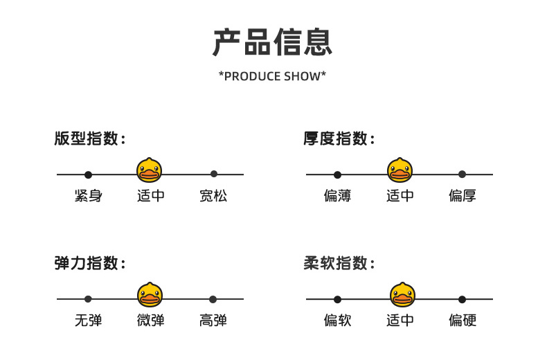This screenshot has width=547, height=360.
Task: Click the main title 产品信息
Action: tap(272, 42)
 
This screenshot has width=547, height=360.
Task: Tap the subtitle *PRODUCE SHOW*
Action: tap(272, 76)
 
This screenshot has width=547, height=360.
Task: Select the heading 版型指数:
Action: tap(90, 138)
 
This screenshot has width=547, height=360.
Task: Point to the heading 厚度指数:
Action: tap(339, 138)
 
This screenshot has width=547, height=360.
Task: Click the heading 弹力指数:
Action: tap(90, 263)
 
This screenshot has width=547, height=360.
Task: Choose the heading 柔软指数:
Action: tap(339, 263)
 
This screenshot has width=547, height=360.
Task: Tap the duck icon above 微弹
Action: tap(150, 294)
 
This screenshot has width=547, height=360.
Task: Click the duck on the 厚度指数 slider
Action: tap(400, 170)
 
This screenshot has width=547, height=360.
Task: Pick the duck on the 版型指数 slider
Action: tap(150, 170)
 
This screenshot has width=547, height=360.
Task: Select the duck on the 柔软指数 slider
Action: tap(402, 294)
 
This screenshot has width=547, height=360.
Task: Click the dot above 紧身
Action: tap(88, 174)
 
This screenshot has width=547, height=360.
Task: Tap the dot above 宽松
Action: tap(214, 174)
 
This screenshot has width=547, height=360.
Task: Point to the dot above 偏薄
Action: tap(337, 174)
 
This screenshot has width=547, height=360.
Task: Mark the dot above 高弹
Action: tap(213, 299)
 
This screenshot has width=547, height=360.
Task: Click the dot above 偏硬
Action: tap(463, 299)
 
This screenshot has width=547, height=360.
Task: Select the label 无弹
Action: tap(88, 321)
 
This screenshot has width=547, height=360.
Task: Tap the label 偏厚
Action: tap(463, 196)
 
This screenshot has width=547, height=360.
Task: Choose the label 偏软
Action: tap(337, 321)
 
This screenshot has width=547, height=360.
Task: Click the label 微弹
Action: tap(150, 321)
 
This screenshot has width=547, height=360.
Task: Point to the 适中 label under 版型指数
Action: tap(150, 196)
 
